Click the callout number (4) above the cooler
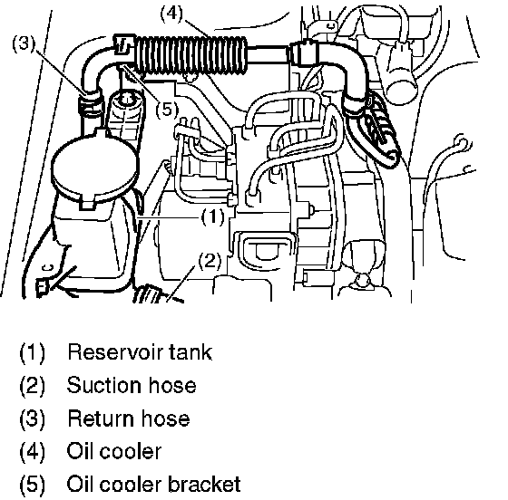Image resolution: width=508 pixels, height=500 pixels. coord(171,14)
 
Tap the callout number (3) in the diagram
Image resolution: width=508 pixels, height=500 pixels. coord(24,43)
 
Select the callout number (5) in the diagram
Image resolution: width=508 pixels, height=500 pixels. coord(167,110)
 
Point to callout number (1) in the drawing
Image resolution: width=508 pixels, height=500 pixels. coord(213,216)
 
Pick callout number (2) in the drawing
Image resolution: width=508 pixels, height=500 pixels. coord(210,261)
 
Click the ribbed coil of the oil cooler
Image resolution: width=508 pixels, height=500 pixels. coord(191,54)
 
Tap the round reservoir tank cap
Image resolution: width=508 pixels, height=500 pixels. coord(95,168)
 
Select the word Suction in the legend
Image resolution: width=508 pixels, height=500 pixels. coord(104,385)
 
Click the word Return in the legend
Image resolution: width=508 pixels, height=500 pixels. coord(101,418)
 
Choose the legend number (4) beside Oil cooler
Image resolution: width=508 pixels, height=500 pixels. coord(33,451)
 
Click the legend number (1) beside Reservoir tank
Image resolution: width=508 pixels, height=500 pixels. coord(33,352)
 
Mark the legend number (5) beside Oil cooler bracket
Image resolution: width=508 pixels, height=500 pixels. coord(33,485)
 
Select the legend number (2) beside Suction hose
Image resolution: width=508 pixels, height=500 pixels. coord(33,386)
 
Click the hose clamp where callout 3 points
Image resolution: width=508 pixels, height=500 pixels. coord(91,100)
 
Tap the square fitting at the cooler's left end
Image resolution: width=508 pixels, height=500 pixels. coord(123,44)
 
